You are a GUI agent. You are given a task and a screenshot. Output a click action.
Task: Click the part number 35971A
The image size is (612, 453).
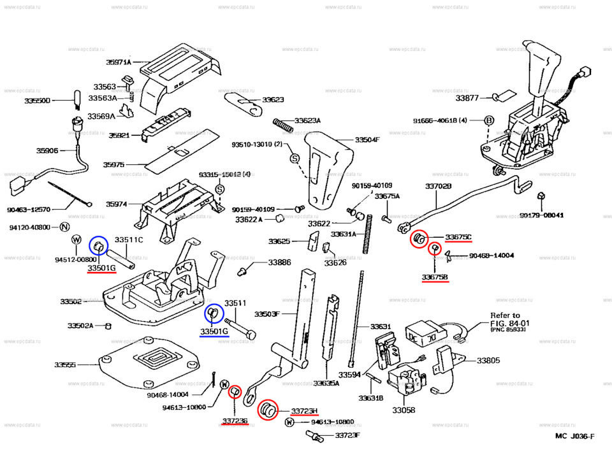point(119,62)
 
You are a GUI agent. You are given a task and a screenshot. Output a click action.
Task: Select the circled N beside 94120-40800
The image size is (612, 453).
point(64,227)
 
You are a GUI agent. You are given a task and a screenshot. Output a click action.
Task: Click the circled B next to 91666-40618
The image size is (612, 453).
point(489,120)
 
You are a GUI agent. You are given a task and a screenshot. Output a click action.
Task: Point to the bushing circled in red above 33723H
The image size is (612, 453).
point(268,409)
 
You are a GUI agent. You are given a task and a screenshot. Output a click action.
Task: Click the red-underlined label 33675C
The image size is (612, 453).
point(458,238)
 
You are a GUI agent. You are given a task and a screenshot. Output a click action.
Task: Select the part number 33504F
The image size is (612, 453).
point(367,140)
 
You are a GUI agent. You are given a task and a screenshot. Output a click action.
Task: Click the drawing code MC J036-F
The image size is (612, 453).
point(574,436)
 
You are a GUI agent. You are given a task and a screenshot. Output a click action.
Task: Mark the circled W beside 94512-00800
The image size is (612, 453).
point(76,240)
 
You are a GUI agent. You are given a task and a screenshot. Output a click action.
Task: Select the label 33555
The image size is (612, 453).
point(65,365)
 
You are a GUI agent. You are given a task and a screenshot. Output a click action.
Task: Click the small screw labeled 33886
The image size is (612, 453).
point(242,271)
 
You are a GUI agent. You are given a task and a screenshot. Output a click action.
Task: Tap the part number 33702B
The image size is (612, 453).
point(438,186)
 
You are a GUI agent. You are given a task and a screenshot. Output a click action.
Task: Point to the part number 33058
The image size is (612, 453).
point(404,412)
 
